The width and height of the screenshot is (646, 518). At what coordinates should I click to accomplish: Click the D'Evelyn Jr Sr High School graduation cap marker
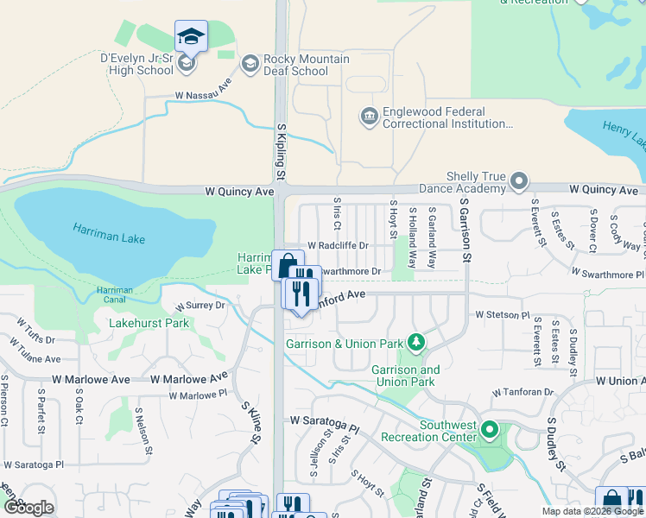pyautogui.click(x=191, y=37)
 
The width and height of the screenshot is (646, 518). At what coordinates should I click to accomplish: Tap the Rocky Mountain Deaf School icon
pyautogui.click(x=250, y=63)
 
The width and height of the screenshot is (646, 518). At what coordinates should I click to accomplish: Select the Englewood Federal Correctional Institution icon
pyautogui.click(x=369, y=116)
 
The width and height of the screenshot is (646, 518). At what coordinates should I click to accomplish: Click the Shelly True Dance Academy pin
pyautogui.click(x=519, y=181)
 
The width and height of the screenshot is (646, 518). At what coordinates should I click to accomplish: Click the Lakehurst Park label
pyautogui.click(x=149, y=324)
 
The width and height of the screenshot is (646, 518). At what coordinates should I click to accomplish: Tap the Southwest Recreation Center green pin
pyautogui.click(x=490, y=429)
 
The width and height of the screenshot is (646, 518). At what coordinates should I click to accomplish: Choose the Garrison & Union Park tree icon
pyautogui.click(x=417, y=343)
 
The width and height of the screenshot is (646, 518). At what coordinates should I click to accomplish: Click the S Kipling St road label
pyautogui.click(x=281, y=151)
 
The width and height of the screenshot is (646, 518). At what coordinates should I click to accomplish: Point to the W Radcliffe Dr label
pyautogui.click(x=338, y=245)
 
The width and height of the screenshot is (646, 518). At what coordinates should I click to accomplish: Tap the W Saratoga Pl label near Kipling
pyautogui.click(x=324, y=420)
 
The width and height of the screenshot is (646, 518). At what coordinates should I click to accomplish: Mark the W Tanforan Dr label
pyautogui.click(x=522, y=392)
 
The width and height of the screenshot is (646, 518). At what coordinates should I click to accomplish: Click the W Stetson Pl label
pyautogui.click(x=502, y=316)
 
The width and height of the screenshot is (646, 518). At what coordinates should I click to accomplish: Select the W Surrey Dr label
pyautogui.click(x=199, y=306)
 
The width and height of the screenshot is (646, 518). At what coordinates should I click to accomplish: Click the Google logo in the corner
pyautogui.click(x=28, y=508)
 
